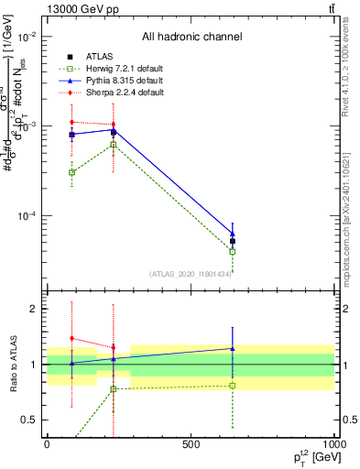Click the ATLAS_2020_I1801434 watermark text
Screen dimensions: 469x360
click(190, 273)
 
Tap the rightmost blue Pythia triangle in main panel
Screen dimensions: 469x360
click(233, 234)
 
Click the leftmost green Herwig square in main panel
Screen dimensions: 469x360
click(72, 172)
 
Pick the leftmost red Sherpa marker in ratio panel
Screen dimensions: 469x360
click(72, 338)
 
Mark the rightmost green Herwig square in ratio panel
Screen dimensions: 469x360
click(233, 386)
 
